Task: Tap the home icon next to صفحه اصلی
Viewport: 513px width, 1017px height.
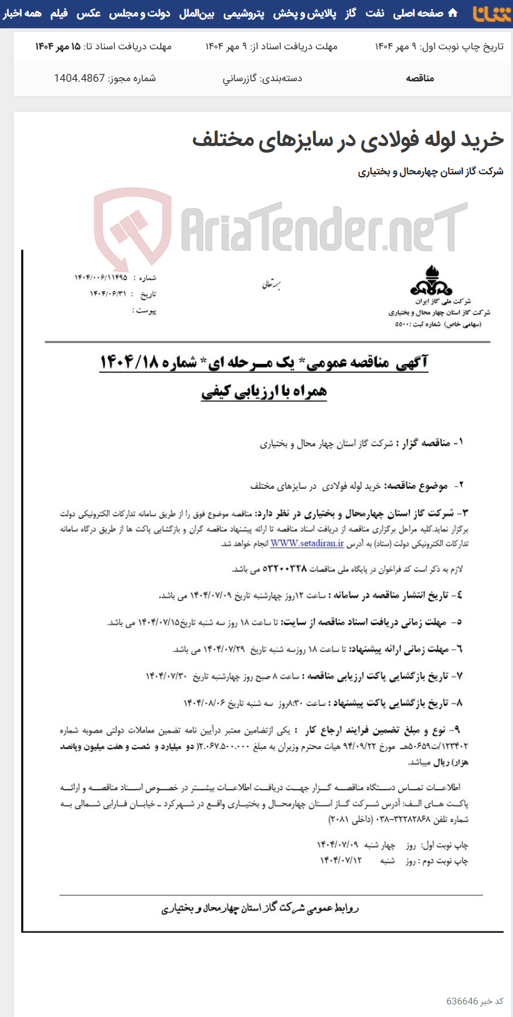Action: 453,13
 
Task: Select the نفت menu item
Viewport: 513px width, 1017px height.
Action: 374,13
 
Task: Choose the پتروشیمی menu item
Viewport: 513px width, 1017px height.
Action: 244,13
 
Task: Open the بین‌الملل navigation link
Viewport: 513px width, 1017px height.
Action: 197,13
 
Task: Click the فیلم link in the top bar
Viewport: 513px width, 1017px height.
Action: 59,13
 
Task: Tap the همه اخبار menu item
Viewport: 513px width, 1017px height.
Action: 22,13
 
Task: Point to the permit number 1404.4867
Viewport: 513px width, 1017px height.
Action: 79,78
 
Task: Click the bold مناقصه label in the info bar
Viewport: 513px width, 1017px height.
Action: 420,78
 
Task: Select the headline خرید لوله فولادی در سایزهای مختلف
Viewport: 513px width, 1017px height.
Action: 347,139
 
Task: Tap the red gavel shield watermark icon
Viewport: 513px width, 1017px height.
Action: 132,225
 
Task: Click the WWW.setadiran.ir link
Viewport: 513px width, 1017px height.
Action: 307,544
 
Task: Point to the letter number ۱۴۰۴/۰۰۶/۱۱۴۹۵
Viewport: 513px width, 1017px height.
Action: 101,277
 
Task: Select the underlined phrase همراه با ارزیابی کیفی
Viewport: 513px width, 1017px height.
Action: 264,391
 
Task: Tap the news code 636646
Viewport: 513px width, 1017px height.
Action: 462,1001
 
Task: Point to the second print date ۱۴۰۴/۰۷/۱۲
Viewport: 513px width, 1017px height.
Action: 341,860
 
